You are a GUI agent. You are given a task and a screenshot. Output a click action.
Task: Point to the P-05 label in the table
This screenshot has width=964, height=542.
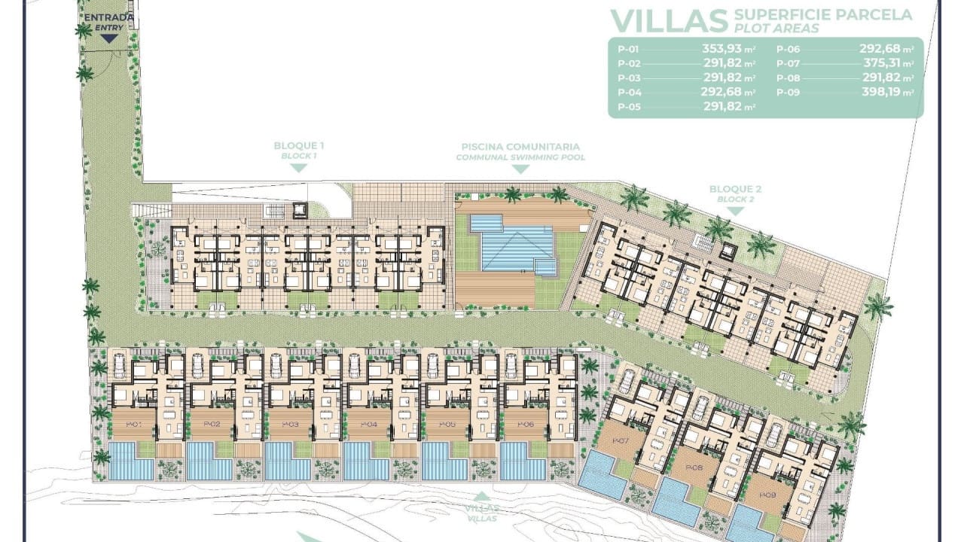tap(628, 107)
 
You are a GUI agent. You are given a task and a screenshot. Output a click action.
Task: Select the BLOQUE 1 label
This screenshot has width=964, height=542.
tap(299, 145)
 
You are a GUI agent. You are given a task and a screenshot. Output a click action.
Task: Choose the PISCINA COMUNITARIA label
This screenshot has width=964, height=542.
tap(520, 147)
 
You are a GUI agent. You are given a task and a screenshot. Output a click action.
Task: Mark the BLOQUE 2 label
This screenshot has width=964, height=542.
tap(735, 189)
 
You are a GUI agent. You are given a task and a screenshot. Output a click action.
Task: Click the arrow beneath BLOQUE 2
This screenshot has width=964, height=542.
tap(735, 212)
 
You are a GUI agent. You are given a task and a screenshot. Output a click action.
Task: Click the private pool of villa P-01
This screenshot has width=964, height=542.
tap(130, 461)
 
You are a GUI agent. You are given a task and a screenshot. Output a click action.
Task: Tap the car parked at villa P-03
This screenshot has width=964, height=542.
tap(276, 365)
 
